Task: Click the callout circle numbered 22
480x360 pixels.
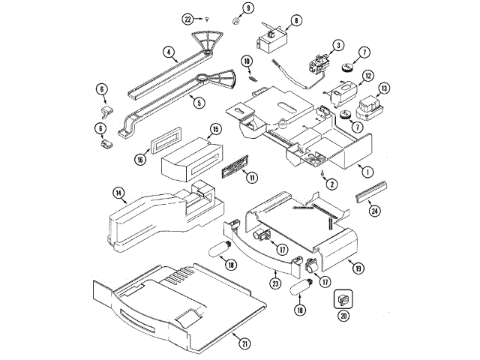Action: [x=188, y=17]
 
